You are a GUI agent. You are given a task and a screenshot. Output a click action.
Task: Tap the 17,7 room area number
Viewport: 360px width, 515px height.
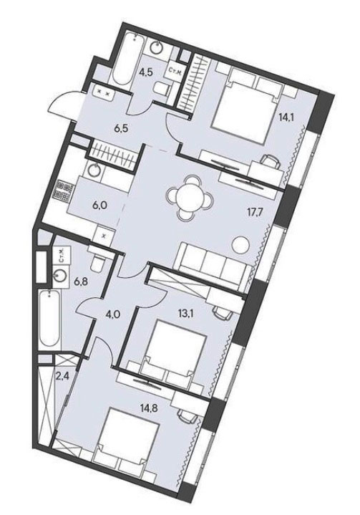[x=256, y=209]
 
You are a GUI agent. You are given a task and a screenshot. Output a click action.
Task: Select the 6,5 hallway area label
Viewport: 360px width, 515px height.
[x=121, y=127]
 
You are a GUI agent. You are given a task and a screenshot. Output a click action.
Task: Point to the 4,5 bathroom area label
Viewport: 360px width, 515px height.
[x=140, y=72]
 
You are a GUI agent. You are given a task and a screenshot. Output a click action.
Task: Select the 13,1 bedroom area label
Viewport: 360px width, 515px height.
[x=195, y=313]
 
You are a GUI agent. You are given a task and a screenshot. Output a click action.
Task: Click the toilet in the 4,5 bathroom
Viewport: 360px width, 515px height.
[x=162, y=88]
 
